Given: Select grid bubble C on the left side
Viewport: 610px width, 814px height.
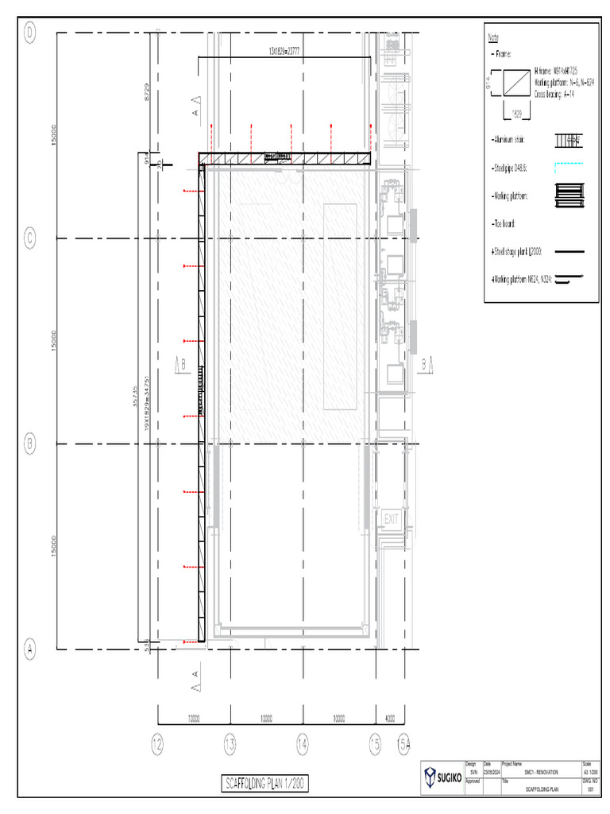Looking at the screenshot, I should (31, 238).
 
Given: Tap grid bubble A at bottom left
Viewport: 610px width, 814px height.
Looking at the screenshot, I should (31, 649).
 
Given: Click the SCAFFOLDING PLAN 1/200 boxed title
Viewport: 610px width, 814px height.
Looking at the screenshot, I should (264, 784).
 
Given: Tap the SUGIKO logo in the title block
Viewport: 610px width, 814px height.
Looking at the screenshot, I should (440, 777).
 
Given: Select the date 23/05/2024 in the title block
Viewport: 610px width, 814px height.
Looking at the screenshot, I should (492, 773).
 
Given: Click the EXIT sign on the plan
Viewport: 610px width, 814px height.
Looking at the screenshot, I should (391, 518).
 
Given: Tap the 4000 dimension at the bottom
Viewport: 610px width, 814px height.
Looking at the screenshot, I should (389, 719).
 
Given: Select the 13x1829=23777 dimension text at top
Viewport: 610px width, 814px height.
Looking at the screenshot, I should (284, 51).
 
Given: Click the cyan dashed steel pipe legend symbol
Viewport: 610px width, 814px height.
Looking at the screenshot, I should (567, 165).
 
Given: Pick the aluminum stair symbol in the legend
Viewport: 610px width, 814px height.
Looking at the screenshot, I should (568, 141).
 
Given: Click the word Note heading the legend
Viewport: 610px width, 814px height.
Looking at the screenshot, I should (493, 38).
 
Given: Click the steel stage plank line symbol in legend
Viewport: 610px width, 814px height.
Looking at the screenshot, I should (567, 251).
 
